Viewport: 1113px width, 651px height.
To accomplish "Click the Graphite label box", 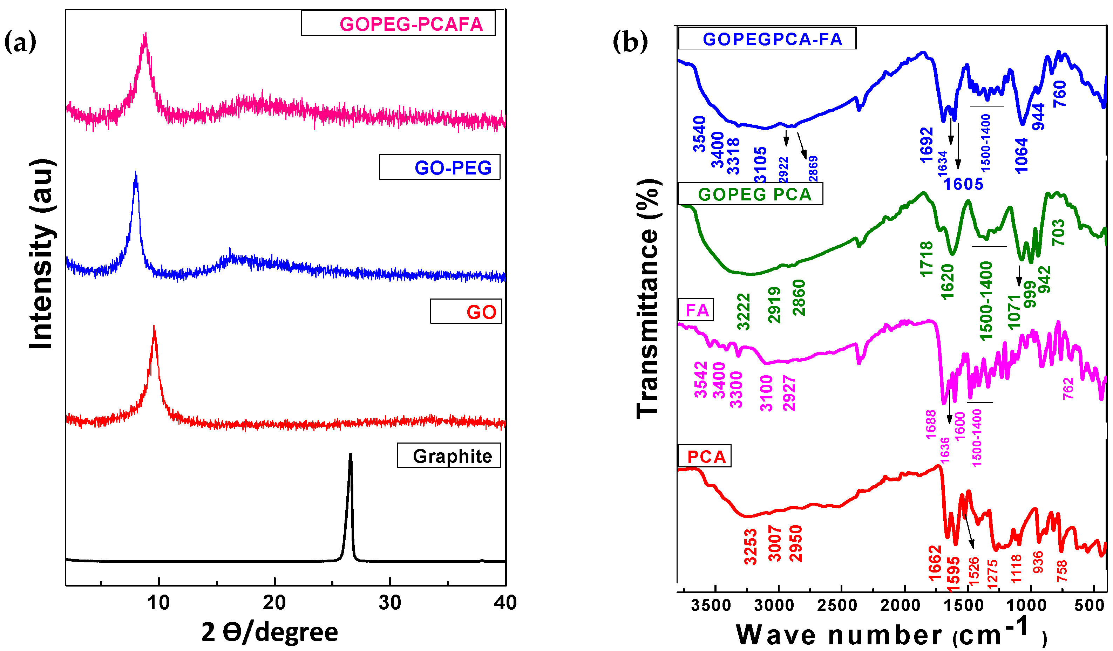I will pos(449,455).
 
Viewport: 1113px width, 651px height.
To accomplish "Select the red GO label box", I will pos(466,311).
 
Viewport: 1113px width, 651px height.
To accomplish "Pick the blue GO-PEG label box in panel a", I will pos(440,167).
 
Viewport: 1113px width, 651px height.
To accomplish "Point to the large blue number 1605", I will pos(963,184).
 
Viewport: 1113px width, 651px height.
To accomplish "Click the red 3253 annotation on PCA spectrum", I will pos(751,547).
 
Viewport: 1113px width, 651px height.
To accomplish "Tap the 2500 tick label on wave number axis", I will pos(837,605).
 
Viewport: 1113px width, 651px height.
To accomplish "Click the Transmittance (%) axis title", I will pos(647,299).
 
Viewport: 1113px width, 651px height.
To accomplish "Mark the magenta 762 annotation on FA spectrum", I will pos(1068,389).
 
